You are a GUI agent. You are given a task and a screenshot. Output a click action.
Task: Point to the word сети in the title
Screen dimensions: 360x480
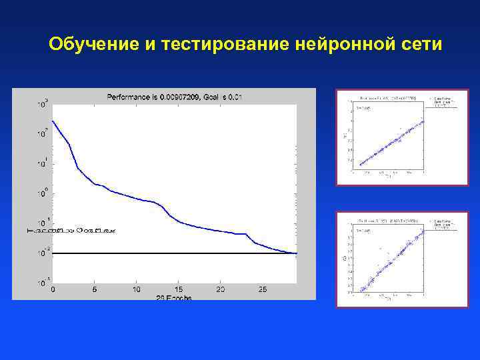(x=422, y=45)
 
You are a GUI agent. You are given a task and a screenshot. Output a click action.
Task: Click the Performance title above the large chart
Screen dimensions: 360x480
(x=174, y=97)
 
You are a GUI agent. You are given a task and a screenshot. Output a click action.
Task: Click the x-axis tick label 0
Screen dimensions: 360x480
(x=53, y=290)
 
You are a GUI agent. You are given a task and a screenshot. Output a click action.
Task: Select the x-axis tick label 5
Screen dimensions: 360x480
(x=95, y=290)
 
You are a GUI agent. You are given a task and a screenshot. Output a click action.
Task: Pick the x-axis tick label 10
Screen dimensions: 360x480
(x=136, y=290)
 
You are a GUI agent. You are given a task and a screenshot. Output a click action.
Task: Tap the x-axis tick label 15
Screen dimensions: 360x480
(x=178, y=290)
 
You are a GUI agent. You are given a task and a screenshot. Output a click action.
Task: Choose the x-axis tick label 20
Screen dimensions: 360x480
(x=220, y=290)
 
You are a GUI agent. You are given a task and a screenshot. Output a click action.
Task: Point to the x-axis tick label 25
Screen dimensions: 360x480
(x=262, y=290)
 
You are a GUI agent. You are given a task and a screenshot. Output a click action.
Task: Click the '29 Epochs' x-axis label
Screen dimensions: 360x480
(x=175, y=297)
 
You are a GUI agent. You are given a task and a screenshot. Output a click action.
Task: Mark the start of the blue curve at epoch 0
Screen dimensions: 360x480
(x=53, y=121)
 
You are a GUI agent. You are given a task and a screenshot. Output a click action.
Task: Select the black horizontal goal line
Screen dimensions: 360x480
(x=167, y=253)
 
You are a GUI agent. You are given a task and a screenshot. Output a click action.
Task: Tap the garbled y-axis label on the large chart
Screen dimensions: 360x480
(x=72, y=230)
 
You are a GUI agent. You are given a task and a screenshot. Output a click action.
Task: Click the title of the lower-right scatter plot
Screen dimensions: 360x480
(x=387, y=220)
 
